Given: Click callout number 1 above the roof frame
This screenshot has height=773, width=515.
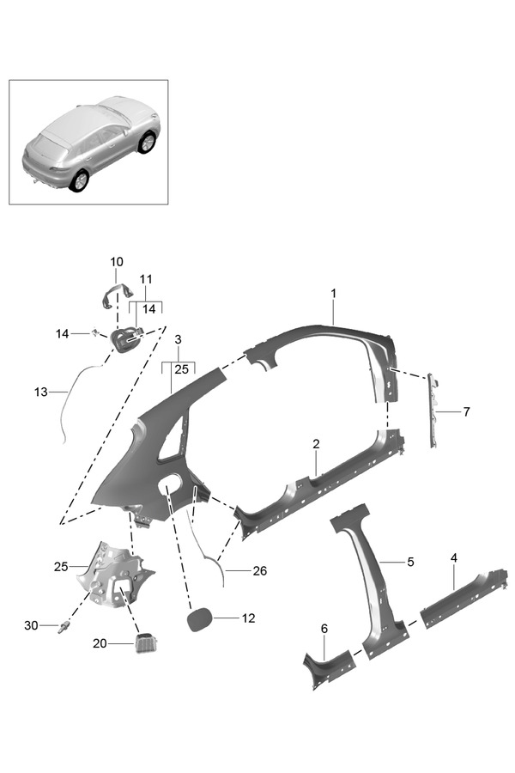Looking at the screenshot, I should click(334, 294).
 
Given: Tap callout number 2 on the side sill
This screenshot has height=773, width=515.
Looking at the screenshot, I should click(316, 444).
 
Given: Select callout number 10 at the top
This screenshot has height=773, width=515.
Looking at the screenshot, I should click(117, 262).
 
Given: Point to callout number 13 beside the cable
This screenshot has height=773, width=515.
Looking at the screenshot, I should click(41, 392).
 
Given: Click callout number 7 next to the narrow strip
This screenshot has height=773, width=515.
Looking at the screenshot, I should click(466, 411).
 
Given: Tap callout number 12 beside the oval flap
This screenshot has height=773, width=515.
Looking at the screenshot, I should click(249, 618).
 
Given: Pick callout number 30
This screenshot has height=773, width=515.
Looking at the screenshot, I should click(31, 625).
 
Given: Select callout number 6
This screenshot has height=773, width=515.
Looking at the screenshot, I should click(324, 630).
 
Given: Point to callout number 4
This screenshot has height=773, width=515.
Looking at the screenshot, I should click(454, 558).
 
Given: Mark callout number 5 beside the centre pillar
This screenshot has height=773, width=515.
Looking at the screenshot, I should click(410, 562).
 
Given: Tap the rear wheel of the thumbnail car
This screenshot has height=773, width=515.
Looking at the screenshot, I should click(80, 180).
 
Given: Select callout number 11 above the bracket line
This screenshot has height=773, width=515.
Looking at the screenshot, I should click(146, 279).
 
